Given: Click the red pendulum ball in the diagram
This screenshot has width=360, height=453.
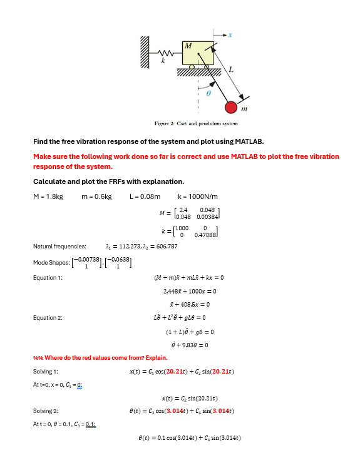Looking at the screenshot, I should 232,107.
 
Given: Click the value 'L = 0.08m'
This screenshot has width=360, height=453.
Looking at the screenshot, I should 145,196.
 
